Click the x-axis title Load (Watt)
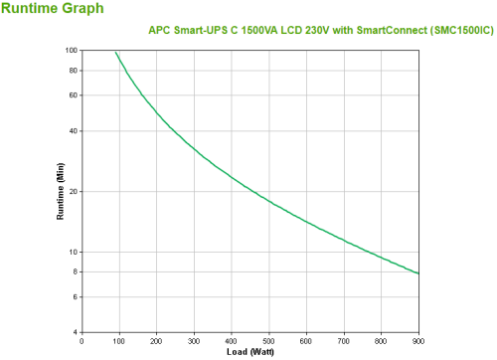249,352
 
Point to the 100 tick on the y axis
72,50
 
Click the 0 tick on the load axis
82,340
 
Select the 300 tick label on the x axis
194,340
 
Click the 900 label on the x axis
417,340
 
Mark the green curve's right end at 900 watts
417,272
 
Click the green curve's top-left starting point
115,52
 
